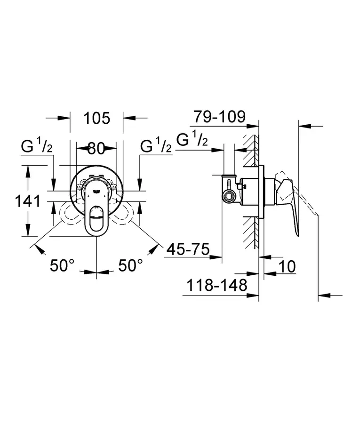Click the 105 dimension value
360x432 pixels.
(x=96, y=118)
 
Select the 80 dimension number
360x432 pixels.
(x=96, y=149)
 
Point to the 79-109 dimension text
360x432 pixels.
(x=220, y=117)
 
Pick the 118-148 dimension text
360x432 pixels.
(x=217, y=285)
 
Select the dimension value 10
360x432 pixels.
(x=287, y=266)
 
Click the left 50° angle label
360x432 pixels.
(x=63, y=266)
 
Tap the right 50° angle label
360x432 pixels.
(x=130, y=266)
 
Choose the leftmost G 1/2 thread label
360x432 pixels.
(x=37, y=146)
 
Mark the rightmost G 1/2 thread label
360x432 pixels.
(x=192, y=140)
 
